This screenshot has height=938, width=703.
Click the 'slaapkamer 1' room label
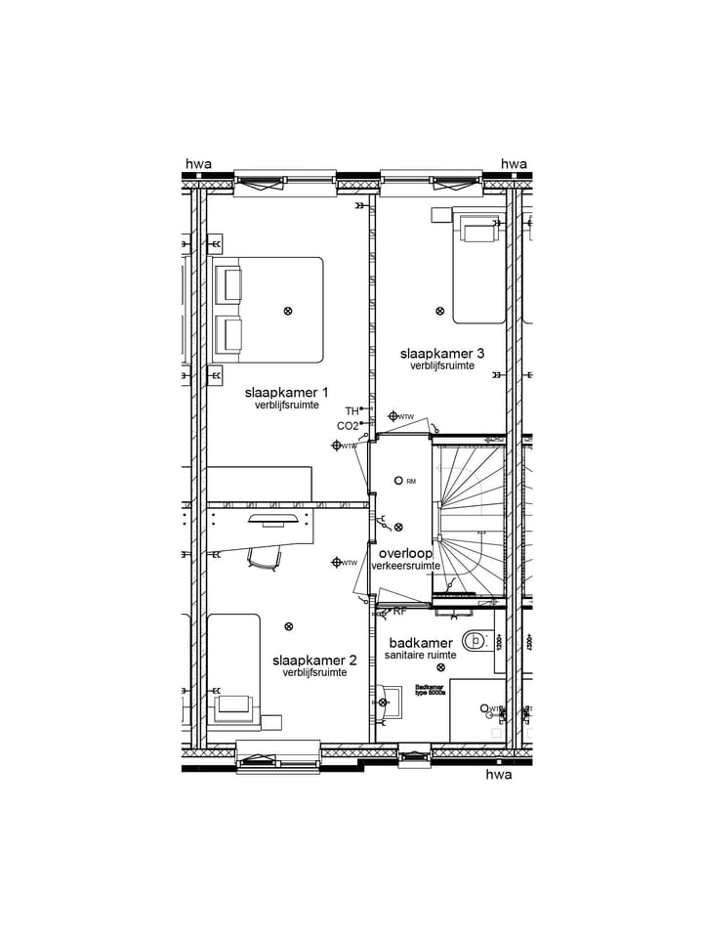285,392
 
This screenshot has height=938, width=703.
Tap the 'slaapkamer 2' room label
314,661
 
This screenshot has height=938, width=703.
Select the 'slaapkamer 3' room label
442,353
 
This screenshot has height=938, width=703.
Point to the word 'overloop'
405,553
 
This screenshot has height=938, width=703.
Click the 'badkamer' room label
421,643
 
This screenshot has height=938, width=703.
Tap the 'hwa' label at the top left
198,164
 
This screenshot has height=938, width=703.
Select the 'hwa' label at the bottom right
499,775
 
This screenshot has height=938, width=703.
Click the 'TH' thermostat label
351,411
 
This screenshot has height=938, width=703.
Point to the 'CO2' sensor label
347,426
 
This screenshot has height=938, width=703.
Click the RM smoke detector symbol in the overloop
398,481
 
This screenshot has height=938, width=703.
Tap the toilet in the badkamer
475,641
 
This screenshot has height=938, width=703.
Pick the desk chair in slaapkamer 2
266,558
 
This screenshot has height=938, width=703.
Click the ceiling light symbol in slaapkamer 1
287,311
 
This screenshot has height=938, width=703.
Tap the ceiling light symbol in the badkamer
441,667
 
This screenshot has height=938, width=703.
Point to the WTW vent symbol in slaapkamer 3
393,416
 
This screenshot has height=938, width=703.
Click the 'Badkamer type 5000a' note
430,689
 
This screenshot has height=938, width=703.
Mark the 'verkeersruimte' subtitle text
405,566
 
